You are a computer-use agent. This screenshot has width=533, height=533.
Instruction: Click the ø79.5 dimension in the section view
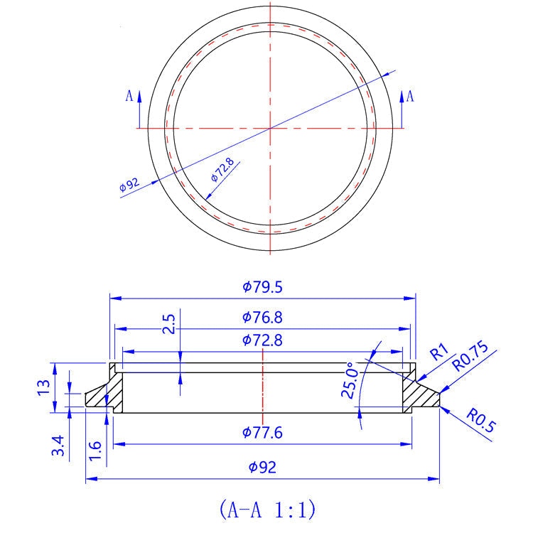262,287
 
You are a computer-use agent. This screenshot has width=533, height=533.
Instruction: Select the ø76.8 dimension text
262,317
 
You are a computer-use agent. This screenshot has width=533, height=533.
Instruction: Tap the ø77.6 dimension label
262,432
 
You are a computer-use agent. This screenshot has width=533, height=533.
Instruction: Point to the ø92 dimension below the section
262,468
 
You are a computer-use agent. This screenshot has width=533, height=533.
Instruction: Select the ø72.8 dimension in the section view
262,340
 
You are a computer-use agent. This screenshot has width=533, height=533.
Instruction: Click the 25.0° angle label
349,382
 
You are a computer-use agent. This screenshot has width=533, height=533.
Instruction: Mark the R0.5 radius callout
481,419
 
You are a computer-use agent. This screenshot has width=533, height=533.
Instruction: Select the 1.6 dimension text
96,449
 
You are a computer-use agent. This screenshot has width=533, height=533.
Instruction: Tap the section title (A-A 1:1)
266,509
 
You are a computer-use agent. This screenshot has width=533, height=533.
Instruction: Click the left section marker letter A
129,95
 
